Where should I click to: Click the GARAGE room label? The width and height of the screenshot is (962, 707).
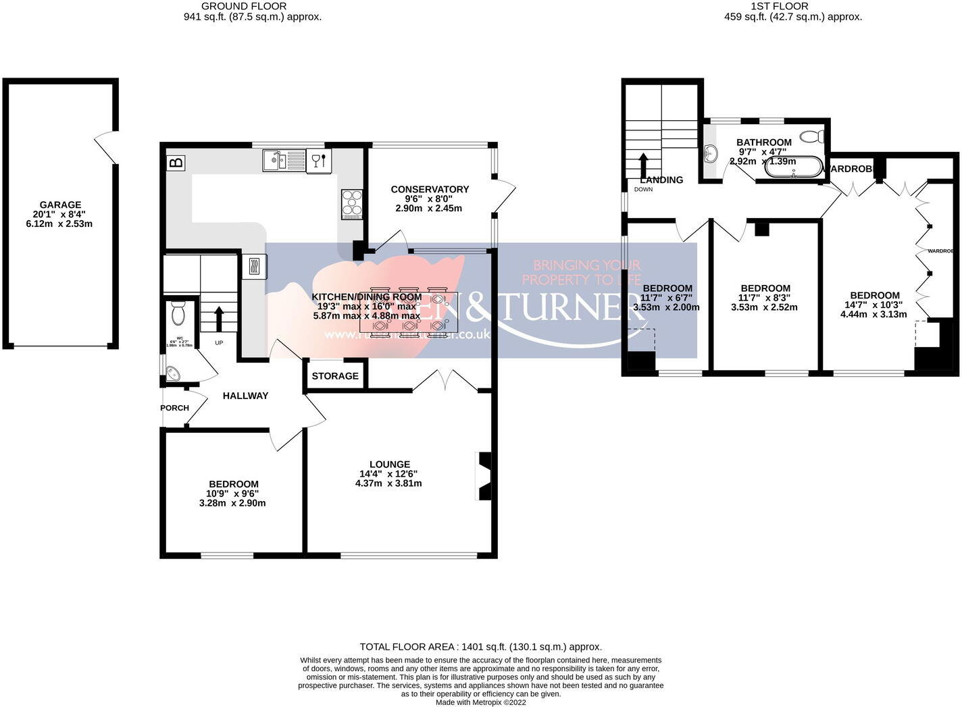pos(60,205)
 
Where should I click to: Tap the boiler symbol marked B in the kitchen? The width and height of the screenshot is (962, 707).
pos(176,163)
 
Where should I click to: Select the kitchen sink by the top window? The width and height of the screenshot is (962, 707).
pos(284,161)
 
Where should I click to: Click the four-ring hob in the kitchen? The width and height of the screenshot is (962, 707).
pos(351,203)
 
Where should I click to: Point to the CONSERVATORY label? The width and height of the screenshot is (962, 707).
pos(430,189)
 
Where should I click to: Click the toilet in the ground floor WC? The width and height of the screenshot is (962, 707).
pos(178,314)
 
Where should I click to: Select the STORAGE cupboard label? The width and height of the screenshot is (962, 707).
pos(335,376)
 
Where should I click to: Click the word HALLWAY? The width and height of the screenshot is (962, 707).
pos(245,396)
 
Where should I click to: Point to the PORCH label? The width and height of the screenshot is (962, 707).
pos(174,408)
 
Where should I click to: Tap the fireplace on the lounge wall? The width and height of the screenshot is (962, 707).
pos(484,476)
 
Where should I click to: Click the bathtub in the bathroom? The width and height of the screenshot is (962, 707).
pos(794,167)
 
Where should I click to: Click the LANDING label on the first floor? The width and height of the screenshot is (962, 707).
pos(661,180)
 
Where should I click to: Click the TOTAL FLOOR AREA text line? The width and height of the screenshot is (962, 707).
pos(480,646)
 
